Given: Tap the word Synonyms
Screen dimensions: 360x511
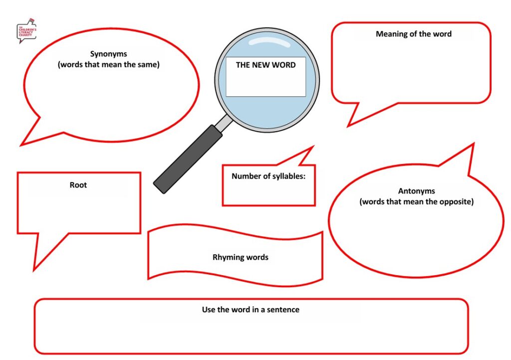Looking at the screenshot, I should click(x=108, y=54).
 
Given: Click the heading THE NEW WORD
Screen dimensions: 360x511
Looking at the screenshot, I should click(x=265, y=65).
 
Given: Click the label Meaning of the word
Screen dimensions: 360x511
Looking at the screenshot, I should click(x=413, y=34).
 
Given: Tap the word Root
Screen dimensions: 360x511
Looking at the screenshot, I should click(x=78, y=185).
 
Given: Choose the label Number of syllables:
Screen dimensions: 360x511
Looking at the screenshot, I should click(x=268, y=176).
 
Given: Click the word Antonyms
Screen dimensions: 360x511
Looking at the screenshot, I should click(x=416, y=191).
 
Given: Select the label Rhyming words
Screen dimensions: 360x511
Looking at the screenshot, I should click(x=240, y=257).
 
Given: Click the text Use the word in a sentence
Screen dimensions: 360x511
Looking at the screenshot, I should click(x=251, y=310).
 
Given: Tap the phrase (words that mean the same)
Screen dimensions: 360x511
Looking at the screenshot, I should click(x=108, y=64).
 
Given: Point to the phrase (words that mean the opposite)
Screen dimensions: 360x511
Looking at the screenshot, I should click(x=416, y=202).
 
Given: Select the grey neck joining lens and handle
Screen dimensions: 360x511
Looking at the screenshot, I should click(x=226, y=122).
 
